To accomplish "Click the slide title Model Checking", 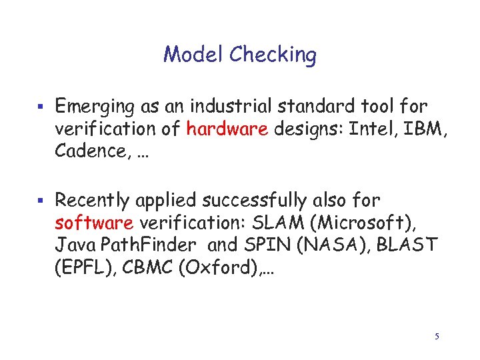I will point(240,54).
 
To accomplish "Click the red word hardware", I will point(227,129).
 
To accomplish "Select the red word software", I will point(94,223).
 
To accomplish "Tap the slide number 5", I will point(437,337).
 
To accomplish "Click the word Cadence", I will point(85,151).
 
